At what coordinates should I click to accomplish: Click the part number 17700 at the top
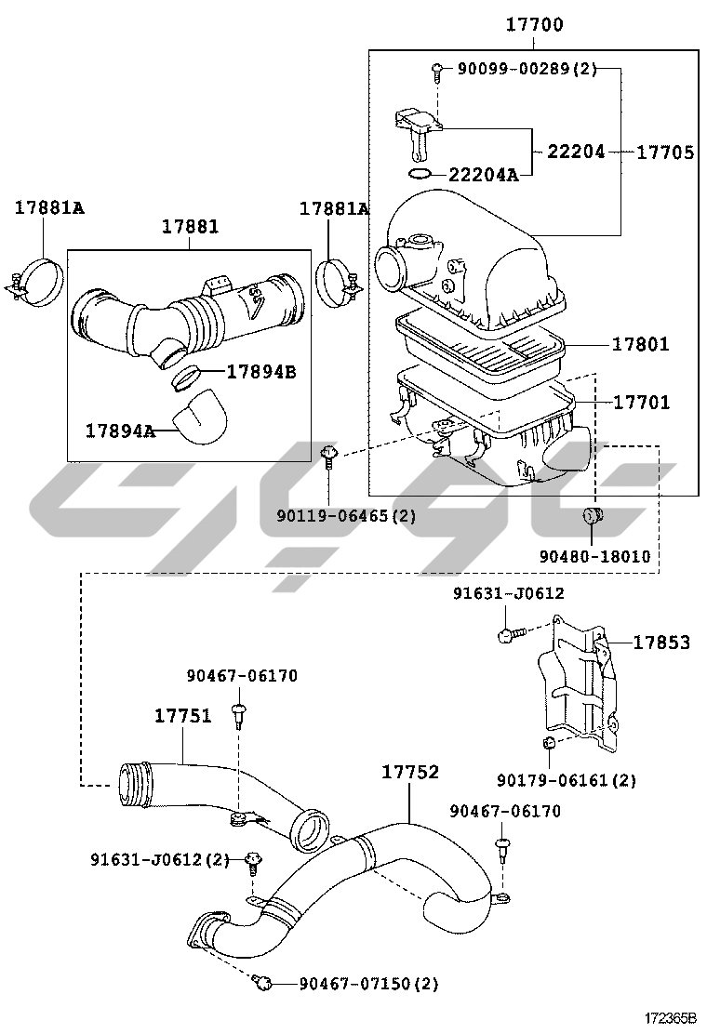point(534,25)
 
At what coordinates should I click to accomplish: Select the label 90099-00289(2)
point(527,68)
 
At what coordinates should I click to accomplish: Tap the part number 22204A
point(484,175)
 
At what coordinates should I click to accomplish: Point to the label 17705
point(665,152)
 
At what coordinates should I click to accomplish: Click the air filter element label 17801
point(640,343)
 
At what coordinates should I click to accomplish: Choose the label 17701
point(641,402)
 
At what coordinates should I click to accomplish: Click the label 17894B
point(261,372)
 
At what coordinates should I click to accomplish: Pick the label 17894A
point(120,431)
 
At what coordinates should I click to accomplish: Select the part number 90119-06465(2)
point(346,516)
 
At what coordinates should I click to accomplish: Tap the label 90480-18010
point(594,557)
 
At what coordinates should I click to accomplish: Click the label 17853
point(661,643)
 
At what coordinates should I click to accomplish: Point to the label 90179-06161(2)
point(567,781)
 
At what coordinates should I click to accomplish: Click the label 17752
point(410,772)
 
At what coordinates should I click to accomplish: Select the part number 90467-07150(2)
point(368,984)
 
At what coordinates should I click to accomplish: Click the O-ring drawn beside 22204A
point(420,174)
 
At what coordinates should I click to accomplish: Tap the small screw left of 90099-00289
point(436,71)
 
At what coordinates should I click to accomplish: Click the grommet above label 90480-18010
point(593,516)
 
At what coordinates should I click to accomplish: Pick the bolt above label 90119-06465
point(329,455)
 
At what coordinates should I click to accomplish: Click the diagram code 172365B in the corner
point(670,1017)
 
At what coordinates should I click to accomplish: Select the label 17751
point(182,715)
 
